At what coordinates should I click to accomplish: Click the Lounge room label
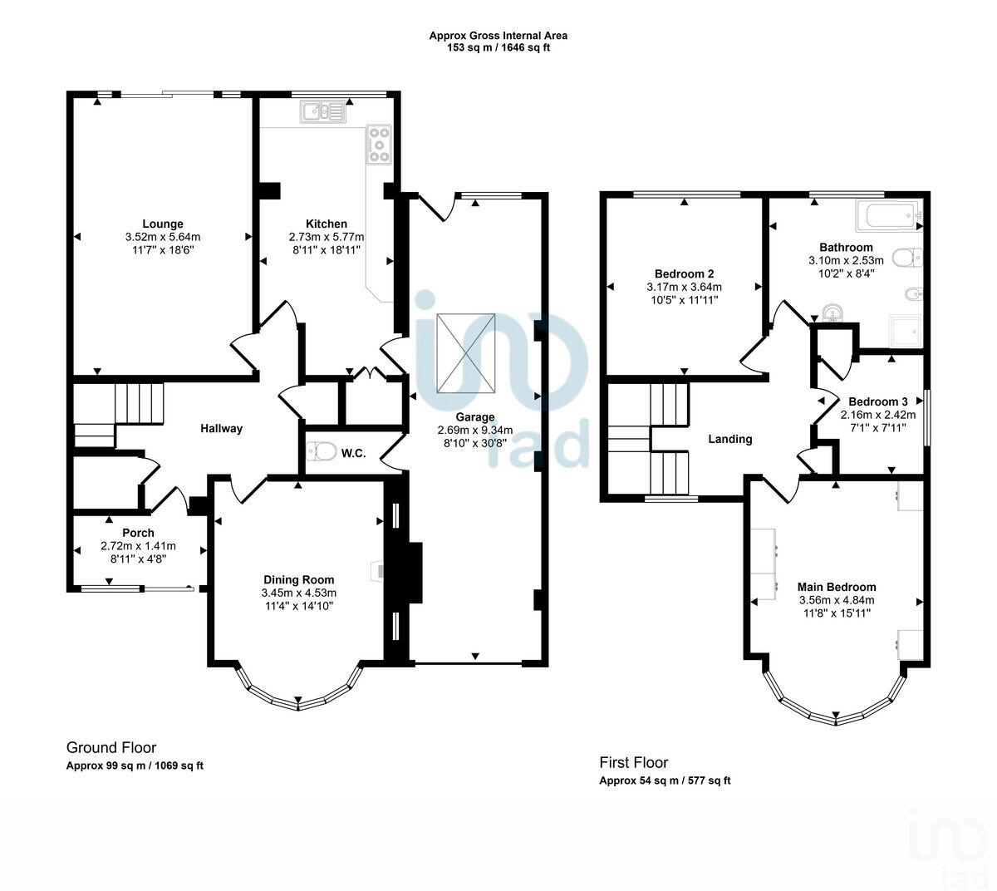coord(163,224)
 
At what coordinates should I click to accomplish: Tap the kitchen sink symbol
coord(324,111)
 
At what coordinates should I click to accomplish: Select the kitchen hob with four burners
coord(379,145)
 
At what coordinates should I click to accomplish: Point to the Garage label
coord(474,417)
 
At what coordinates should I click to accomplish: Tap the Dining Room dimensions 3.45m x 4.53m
coord(299,593)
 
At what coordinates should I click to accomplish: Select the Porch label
coord(138,533)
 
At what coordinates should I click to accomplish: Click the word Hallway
coord(222,428)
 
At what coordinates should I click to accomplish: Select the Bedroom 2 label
coord(684,273)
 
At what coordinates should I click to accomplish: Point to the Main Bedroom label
coord(837,586)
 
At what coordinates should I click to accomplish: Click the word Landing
coord(729,439)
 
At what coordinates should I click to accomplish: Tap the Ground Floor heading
coord(111,748)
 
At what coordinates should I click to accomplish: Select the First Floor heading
coord(634,762)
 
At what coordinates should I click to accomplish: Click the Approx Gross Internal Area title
coord(498,36)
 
